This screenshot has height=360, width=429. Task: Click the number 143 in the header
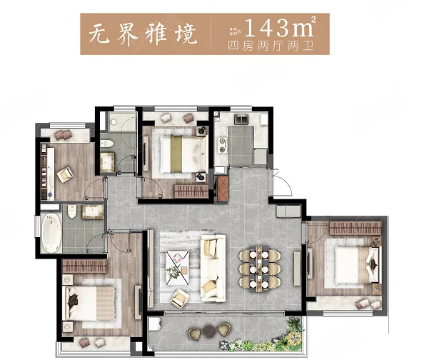click(x=264, y=29)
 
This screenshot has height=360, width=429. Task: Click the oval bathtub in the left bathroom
click(x=50, y=230)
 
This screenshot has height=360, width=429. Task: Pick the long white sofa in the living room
click(x=211, y=266)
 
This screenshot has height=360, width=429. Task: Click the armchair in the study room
click(x=66, y=172)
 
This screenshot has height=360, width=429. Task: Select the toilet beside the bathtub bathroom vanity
click(x=73, y=211)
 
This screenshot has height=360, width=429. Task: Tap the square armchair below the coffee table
click(x=177, y=297)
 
